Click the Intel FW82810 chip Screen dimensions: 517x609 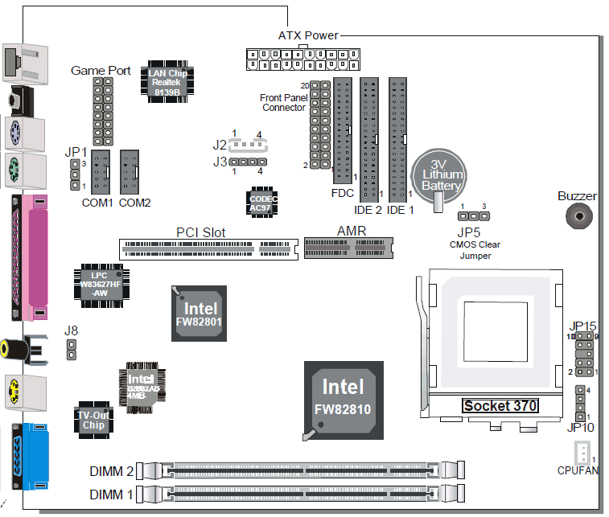pos(344,399)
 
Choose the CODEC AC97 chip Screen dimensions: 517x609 pos(261,203)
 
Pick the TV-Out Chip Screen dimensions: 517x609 pos(93,419)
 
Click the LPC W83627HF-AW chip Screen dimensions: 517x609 pos(99,281)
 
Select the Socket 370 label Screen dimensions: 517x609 pos(500,405)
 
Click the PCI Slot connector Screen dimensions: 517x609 pos(208,248)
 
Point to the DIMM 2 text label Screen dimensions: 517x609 pos(111,470)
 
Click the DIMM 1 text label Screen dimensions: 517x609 pos(111,494)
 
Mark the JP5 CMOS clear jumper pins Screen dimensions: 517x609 pos(474,215)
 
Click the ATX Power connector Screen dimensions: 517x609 pos(301,59)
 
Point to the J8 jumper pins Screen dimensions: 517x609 pos(71,349)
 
